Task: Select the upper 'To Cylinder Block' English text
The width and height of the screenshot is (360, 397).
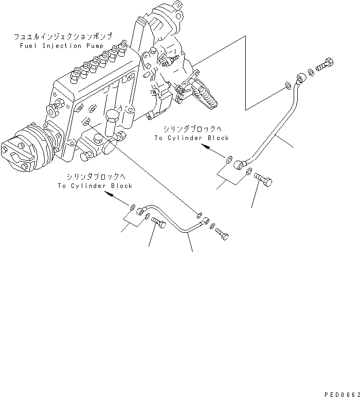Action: click(x=191, y=138)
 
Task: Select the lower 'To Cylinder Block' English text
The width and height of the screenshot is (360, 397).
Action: click(x=95, y=186)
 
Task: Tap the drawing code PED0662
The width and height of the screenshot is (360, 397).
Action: click(x=341, y=393)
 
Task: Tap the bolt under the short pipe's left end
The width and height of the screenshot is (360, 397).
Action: click(x=158, y=222)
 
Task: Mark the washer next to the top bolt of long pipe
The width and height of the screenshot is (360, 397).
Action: click(x=310, y=73)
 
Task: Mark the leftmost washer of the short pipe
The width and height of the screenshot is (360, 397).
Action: click(x=132, y=207)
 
